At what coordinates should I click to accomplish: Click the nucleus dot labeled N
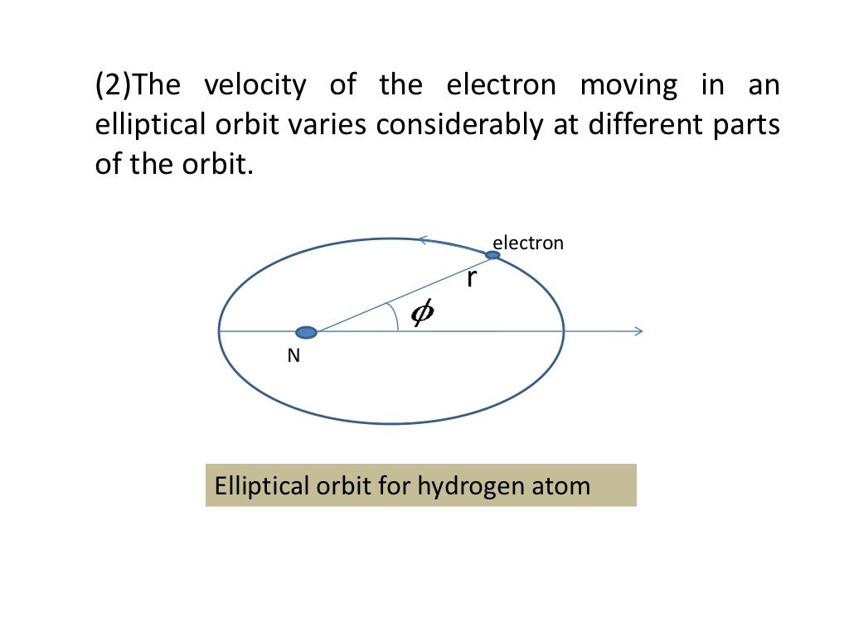307,332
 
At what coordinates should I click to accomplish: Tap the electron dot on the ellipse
492,255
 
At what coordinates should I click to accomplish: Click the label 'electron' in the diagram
528,243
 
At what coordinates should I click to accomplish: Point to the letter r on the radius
471,279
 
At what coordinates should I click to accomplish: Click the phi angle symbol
422,313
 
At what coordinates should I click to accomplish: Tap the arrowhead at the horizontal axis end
638,331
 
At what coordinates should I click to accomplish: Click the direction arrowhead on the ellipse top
422,240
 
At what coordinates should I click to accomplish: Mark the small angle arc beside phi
395,316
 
